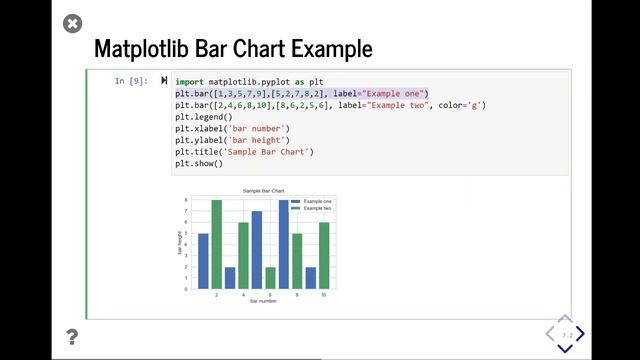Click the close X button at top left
point(72,23)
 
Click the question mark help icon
point(72,337)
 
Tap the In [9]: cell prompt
point(131,81)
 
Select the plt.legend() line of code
point(203,117)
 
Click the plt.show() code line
point(198,163)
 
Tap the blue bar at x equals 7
point(284,245)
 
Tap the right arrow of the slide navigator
point(580,334)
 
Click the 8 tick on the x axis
point(297,294)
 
